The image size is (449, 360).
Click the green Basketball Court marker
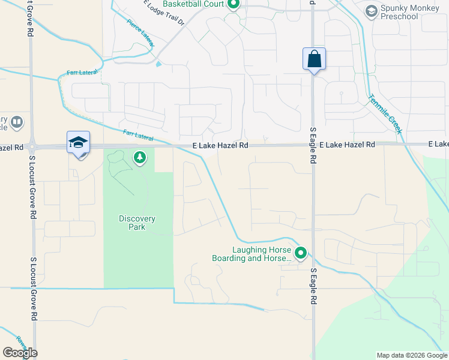[234, 5]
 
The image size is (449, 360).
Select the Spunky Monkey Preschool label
[399, 12]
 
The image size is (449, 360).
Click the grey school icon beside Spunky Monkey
[371, 11]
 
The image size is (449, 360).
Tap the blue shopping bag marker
[314, 59]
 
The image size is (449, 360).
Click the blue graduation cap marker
[79, 143]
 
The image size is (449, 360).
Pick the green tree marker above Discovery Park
[140, 158]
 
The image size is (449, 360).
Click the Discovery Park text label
[137, 223]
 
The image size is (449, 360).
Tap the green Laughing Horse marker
[301, 254]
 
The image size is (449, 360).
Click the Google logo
[20, 353]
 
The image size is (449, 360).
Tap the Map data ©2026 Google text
[412, 355]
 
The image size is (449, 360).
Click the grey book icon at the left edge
[17, 123]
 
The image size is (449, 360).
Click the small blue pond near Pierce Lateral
[158, 64]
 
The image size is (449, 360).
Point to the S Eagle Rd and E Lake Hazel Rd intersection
[313, 145]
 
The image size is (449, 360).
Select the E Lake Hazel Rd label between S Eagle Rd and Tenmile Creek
[347, 145]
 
